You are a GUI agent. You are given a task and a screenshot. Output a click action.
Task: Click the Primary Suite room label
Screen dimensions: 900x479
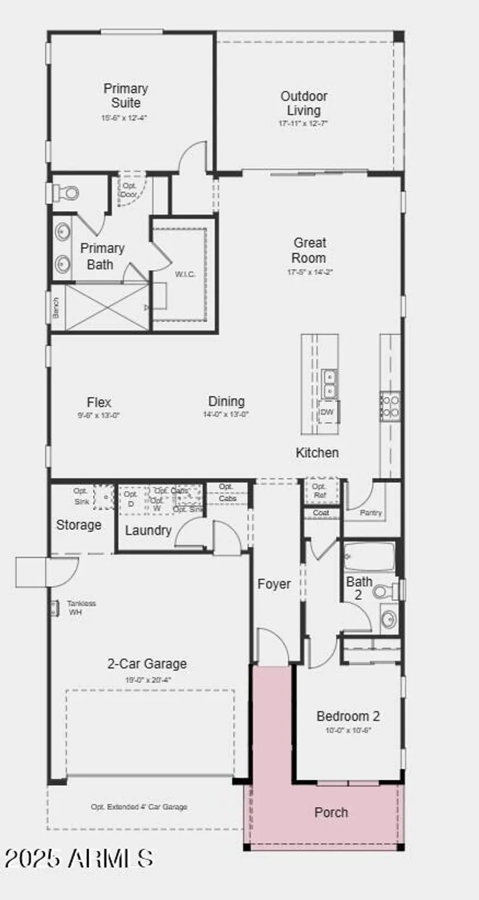tap(125, 95)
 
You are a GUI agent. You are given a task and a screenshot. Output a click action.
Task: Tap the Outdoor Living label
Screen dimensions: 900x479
tap(304, 103)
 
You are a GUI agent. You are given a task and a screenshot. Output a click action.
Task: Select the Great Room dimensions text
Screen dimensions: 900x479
tap(310, 272)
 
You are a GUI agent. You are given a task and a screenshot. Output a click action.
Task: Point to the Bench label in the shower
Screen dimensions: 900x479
tap(55, 308)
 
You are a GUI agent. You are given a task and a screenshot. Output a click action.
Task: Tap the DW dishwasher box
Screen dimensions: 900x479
tap(327, 412)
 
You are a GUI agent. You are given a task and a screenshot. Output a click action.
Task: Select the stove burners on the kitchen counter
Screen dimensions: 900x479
tap(391, 405)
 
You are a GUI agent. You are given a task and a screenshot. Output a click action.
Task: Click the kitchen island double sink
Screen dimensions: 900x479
tap(329, 383)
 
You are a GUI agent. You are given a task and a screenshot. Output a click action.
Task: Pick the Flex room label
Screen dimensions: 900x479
tap(99, 402)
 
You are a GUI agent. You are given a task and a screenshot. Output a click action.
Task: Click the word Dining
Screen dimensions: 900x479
tap(226, 401)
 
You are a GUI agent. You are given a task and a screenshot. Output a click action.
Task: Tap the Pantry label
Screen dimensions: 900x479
tap(370, 513)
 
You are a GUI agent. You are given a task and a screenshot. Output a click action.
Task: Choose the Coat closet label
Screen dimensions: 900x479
tap(321, 513)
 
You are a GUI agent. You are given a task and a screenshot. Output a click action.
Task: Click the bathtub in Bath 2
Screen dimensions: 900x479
tap(370, 556)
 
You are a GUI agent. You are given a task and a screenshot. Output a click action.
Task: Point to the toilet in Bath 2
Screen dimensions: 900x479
tap(385, 592)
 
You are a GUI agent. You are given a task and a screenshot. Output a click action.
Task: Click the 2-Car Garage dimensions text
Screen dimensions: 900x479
tap(147, 680)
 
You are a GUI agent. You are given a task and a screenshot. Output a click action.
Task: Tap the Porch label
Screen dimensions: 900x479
tap(331, 812)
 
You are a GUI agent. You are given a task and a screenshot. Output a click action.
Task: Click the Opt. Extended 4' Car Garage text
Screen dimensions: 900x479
tap(139, 807)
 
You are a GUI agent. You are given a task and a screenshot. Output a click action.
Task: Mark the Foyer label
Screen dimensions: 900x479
tap(274, 584)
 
